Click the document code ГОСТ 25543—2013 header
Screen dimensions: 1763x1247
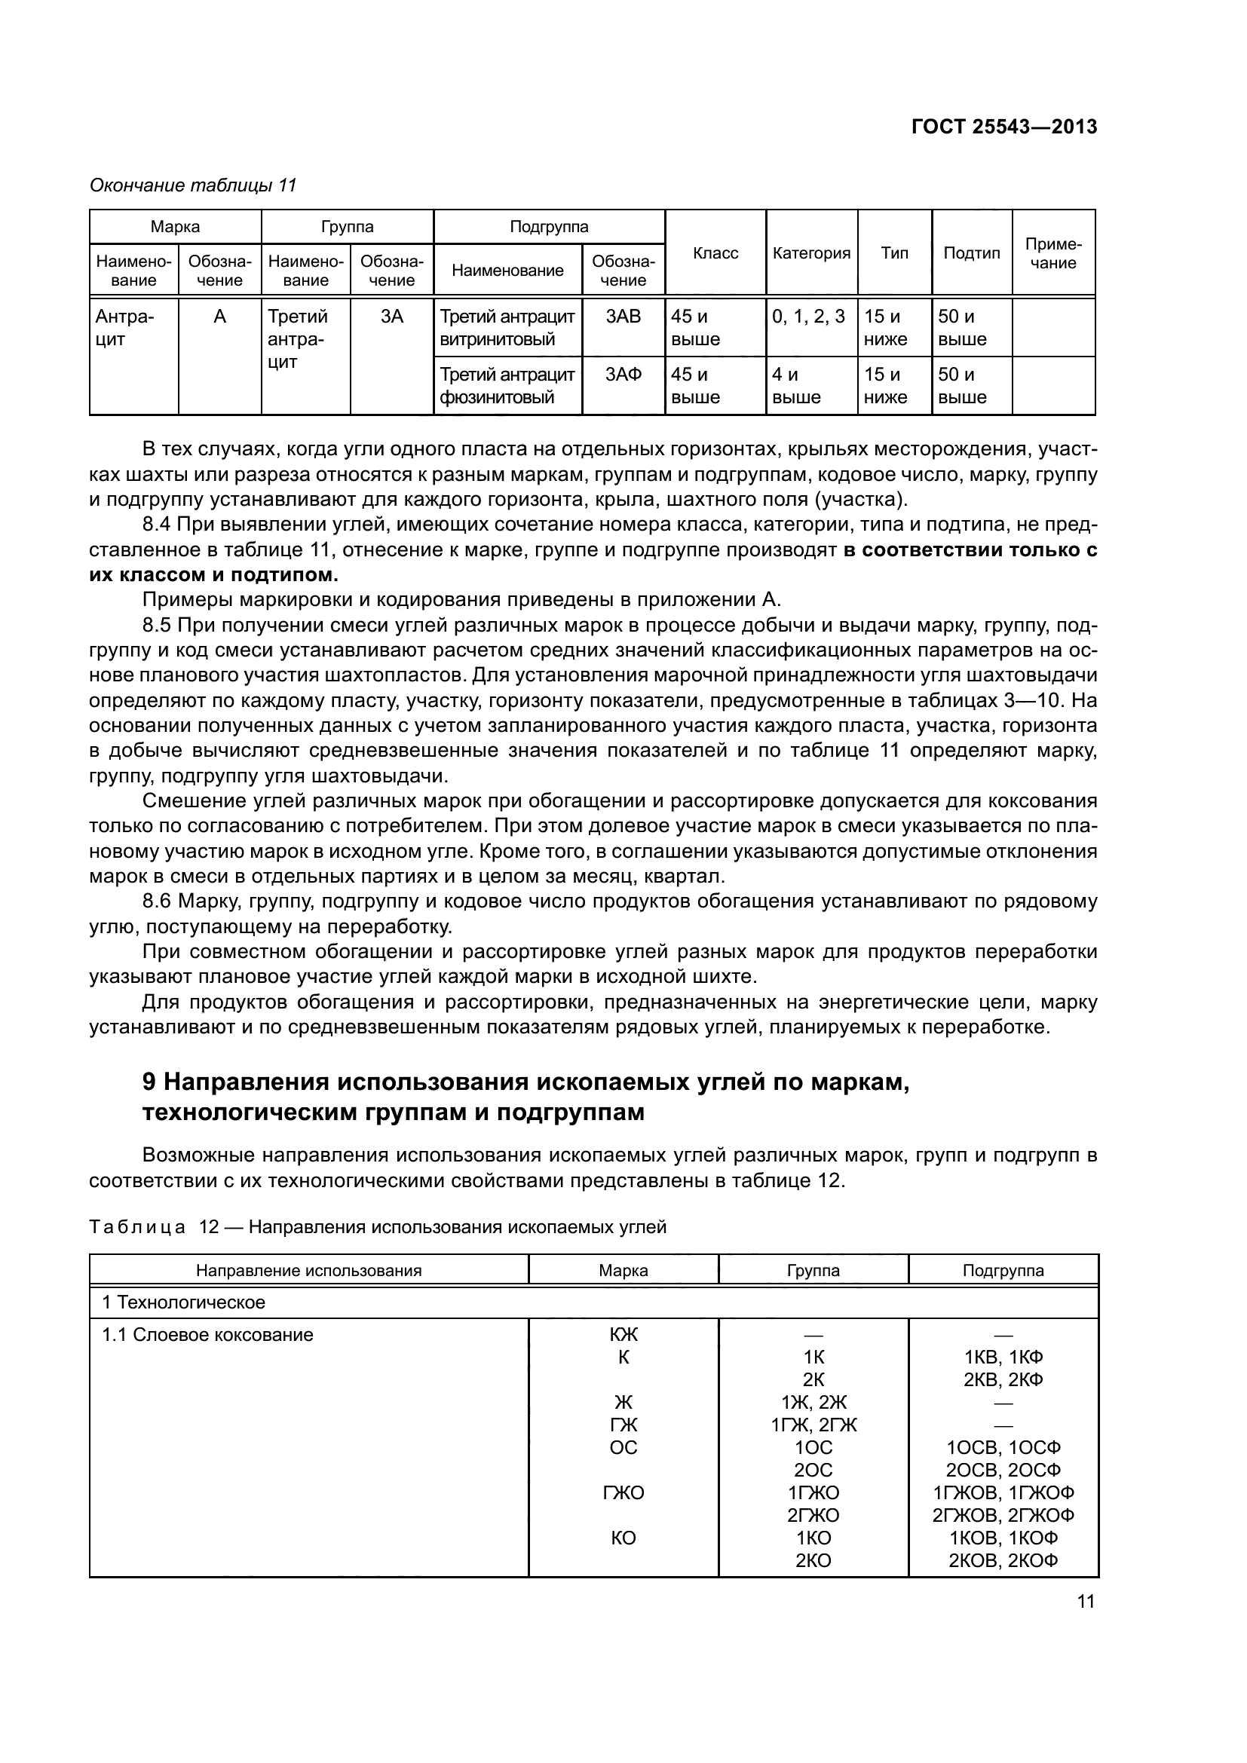tap(1003, 127)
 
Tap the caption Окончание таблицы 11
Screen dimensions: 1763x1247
tap(193, 186)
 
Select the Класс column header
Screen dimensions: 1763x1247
tap(715, 253)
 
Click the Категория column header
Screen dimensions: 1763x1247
tap(811, 253)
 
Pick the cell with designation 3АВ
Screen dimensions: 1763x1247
tap(623, 317)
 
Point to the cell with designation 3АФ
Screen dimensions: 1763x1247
tap(623, 375)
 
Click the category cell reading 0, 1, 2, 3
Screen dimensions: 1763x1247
tap(807, 317)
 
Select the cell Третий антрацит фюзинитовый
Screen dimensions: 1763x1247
tap(507, 385)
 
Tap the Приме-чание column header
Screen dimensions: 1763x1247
tap(1052, 253)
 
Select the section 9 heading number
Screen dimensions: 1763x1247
tap(149, 1082)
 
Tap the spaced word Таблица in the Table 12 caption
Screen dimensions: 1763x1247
tap(137, 1227)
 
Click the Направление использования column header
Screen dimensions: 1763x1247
tap(308, 1271)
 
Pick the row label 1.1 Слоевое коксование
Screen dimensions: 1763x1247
tap(207, 1336)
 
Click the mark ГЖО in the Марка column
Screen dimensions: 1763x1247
tap(623, 1492)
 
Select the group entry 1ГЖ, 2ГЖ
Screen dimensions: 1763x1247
tap(813, 1425)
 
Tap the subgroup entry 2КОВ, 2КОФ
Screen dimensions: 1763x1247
tap(1003, 1560)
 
